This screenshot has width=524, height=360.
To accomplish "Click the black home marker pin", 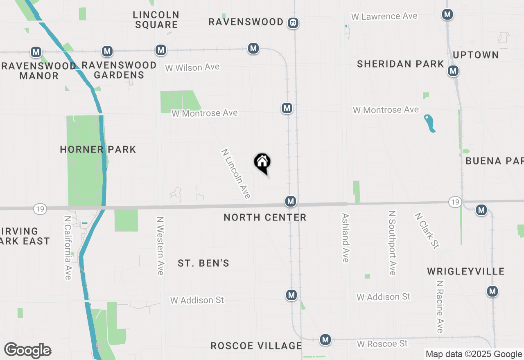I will (262, 163).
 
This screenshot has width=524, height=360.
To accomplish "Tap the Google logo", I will (27, 350).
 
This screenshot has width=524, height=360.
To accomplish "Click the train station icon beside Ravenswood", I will (293, 23).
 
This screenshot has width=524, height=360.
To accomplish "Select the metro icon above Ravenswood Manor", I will (36, 52).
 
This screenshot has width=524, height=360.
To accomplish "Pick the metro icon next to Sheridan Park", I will (453, 71).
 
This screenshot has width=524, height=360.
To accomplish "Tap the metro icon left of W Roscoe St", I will (325, 340).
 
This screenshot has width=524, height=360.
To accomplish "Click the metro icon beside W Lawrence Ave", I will (447, 15).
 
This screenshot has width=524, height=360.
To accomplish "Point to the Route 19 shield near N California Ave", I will (40, 209).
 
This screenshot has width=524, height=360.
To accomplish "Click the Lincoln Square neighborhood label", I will (156, 20).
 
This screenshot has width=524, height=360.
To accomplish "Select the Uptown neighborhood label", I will (476, 55).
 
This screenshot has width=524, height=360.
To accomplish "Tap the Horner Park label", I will (98, 149).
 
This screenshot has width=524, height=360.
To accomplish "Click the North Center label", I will (265, 217).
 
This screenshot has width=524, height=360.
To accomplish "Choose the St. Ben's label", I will (203, 263).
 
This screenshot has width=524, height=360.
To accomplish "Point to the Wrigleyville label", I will (465, 271).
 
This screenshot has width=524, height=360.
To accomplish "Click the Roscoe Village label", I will (256, 346).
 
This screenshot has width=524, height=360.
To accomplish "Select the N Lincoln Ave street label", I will (236, 173).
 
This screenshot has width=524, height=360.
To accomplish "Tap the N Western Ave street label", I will (160, 245).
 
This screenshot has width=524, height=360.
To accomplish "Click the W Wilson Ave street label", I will (192, 67).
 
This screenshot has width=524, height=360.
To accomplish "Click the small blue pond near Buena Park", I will (430, 123).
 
